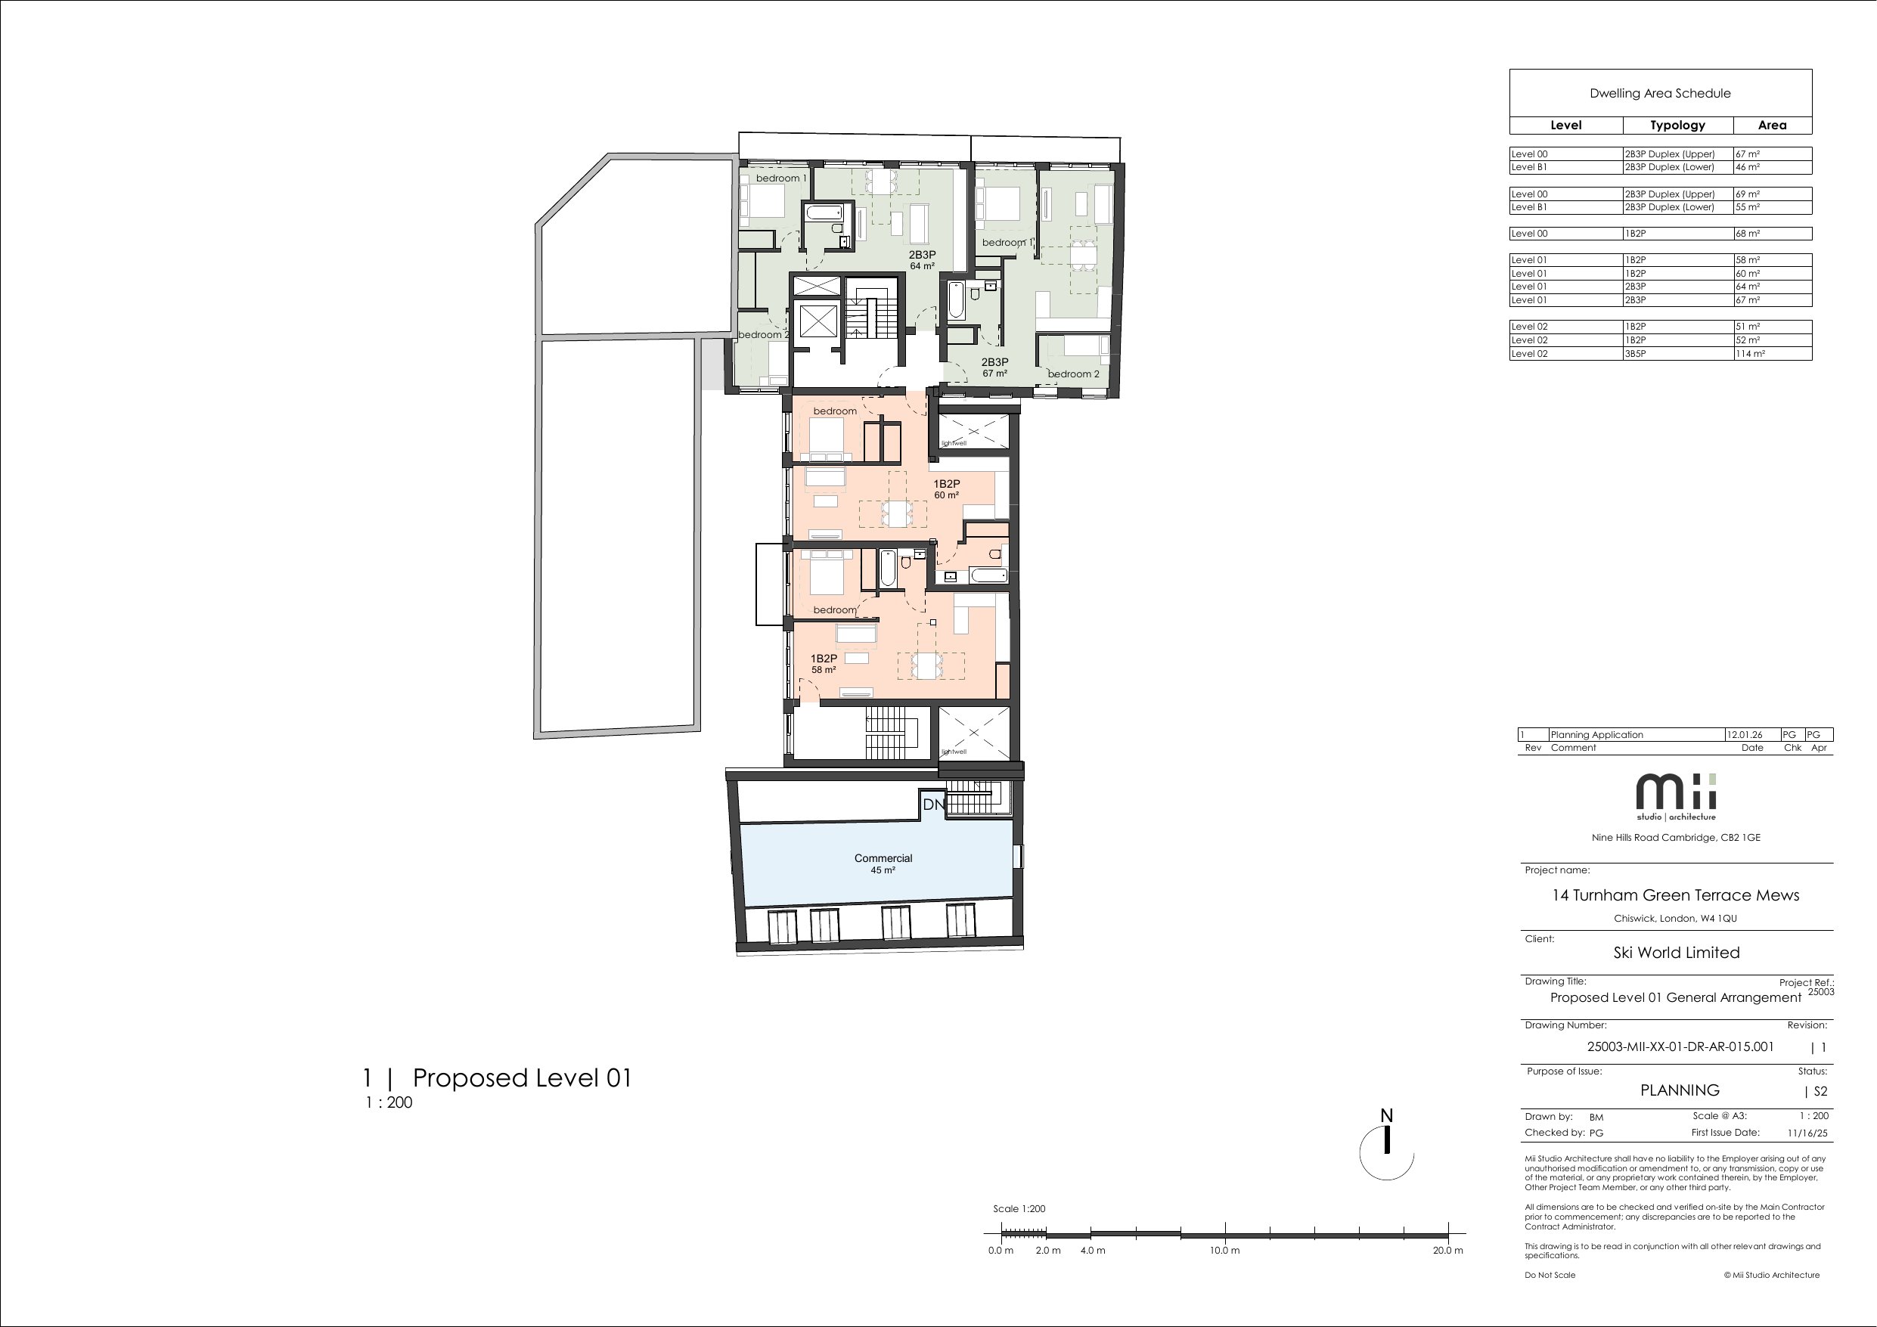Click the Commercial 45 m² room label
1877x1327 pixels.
click(883, 863)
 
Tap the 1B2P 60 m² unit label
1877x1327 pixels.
click(947, 489)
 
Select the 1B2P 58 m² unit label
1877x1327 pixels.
click(824, 664)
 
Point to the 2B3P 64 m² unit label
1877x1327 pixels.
click(922, 260)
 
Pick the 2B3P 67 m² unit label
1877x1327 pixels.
click(995, 367)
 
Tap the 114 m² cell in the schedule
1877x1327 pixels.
click(1750, 353)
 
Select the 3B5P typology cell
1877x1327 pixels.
click(1636, 353)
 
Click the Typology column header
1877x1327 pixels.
click(1677, 125)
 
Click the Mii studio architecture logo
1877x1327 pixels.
click(1676, 796)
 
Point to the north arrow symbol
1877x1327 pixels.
click(1386, 1144)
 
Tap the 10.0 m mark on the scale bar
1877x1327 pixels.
click(1224, 1250)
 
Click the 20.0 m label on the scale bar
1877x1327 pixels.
click(1447, 1250)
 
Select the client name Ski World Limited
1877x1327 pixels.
click(1676, 953)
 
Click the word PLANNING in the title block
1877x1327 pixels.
click(1680, 1090)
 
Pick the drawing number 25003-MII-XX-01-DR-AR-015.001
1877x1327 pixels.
click(1680, 1046)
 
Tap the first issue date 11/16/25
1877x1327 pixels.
click(1807, 1133)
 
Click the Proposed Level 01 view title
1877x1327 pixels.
click(523, 1077)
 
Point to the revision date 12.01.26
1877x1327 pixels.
click(1744, 734)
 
